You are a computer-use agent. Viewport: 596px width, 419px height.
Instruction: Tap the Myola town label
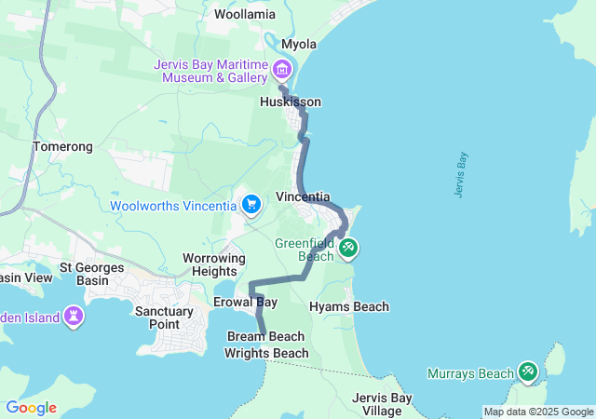tap(299, 44)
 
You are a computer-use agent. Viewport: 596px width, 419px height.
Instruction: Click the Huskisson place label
tap(291, 101)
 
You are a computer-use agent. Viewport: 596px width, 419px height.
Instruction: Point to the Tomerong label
tap(62, 147)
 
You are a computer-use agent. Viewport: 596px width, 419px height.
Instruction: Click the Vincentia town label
tap(304, 197)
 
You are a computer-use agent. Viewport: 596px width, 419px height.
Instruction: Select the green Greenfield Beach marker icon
tap(349, 248)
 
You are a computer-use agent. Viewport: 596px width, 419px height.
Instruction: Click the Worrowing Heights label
tap(214, 264)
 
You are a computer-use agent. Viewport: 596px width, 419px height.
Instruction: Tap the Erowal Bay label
tap(245, 303)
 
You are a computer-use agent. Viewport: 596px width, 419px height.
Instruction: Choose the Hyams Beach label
tap(349, 306)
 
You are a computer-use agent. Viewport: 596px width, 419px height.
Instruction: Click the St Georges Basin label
tap(98, 273)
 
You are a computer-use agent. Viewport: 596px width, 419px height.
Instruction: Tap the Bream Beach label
tap(265, 336)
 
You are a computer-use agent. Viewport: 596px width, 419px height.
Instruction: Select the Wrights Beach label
tap(266, 353)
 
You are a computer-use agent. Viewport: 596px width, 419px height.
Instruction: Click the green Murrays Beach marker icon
tap(528, 372)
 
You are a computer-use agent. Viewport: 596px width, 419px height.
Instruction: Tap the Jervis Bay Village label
tap(383, 404)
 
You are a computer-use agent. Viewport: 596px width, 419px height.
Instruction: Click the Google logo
tap(31, 408)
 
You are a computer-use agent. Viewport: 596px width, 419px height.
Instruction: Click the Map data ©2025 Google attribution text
tap(537, 412)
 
